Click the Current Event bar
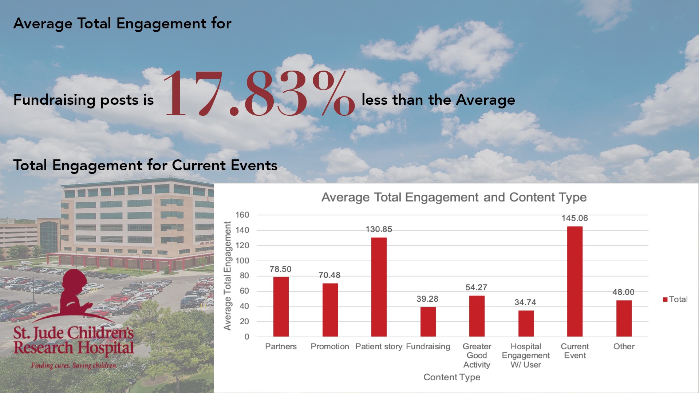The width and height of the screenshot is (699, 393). click(x=574, y=281)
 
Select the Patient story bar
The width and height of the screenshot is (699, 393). click(x=379, y=287)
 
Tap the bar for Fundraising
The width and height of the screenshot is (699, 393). click(x=428, y=322)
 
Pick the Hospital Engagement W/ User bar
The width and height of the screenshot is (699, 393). click(x=526, y=323)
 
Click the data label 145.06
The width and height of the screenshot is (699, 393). click(x=574, y=218)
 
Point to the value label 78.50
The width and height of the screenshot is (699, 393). click(x=280, y=269)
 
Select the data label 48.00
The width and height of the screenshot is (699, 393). click(x=623, y=292)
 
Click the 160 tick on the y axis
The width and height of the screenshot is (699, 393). click(x=242, y=215)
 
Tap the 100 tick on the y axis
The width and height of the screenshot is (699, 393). click(x=242, y=261)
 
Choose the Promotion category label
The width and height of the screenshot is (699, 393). click(x=329, y=346)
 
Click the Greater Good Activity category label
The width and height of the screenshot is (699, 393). click(x=477, y=356)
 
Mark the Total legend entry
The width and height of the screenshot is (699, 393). click(x=675, y=299)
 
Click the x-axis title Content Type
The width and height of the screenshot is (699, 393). click(x=452, y=377)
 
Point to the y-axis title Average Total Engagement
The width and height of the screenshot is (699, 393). click(x=228, y=276)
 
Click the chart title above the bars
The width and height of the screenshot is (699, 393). click(x=454, y=197)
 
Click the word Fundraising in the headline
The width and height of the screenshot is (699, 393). click(x=55, y=100)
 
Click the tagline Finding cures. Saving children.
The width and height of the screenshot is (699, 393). click(x=74, y=365)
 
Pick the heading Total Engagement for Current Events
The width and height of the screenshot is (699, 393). click(x=145, y=166)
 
